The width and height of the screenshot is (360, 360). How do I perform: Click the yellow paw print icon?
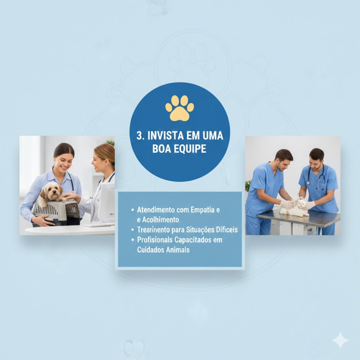click(x=180, y=108)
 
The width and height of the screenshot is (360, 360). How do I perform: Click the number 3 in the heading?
click(x=139, y=136)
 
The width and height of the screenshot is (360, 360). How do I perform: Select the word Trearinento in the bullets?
click(x=153, y=230)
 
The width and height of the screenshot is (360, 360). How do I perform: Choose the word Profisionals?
click(x=155, y=240)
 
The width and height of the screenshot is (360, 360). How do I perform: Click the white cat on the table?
click(x=295, y=208)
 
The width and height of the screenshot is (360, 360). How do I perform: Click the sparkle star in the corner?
click(x=340, y=340)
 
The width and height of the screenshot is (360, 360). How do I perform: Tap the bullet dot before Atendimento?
click(x=132, y=210)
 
